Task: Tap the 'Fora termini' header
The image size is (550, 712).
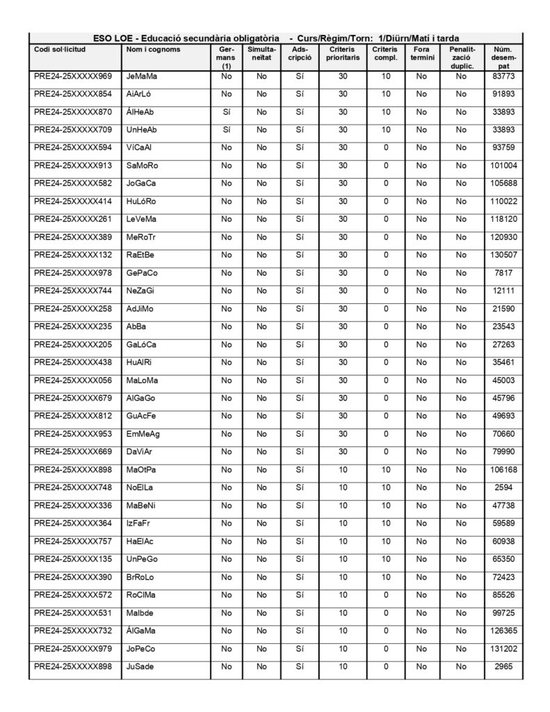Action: pos(422,54)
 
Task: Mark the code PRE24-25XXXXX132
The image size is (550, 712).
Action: pos(72,254)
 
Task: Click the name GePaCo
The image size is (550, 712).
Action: pos(143,273)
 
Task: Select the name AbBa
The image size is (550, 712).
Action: pos(137,326)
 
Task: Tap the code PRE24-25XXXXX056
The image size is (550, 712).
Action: pos(72,380)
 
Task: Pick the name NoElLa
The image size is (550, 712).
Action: pos(140,487)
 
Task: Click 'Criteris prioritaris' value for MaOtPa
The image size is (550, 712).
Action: pos(343,469)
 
